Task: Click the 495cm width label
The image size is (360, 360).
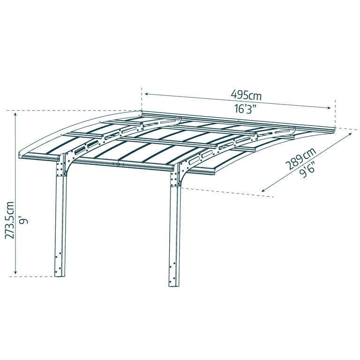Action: [x=246, y=95]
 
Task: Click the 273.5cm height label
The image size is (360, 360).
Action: [x=10, y=220]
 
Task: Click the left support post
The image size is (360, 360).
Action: [x=60, y=225]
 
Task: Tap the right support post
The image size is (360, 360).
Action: [x=174, y=234]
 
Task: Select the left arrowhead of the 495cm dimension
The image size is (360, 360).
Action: [x=146, y=94]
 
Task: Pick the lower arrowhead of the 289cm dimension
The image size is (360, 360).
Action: [x=263, y=191]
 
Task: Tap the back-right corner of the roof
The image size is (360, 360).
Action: [x=336, y=127]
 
